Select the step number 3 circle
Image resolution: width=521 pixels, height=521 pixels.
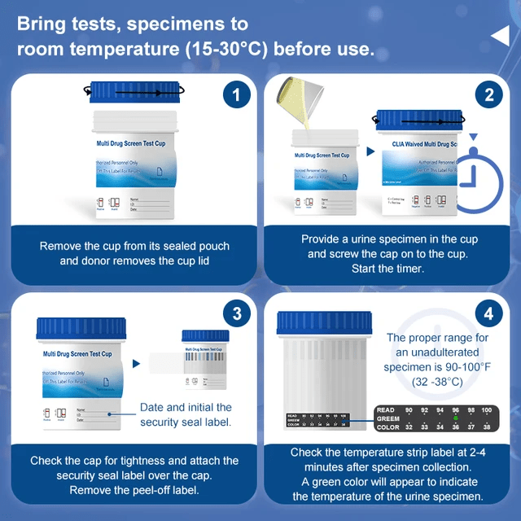tap(236, 313)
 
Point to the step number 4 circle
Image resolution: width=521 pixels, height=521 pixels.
tap(488, 313)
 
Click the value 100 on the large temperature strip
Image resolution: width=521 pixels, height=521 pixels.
tap(486, 410)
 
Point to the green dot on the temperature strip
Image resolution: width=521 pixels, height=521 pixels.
tap(457, 418)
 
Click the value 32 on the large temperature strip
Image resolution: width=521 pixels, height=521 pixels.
tap(409, 426)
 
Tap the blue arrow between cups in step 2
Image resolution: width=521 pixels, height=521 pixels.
tap(370, 151)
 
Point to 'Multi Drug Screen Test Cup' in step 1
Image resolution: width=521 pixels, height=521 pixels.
tap(131, 143)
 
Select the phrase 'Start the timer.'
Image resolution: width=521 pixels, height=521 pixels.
tap(388, 269)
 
